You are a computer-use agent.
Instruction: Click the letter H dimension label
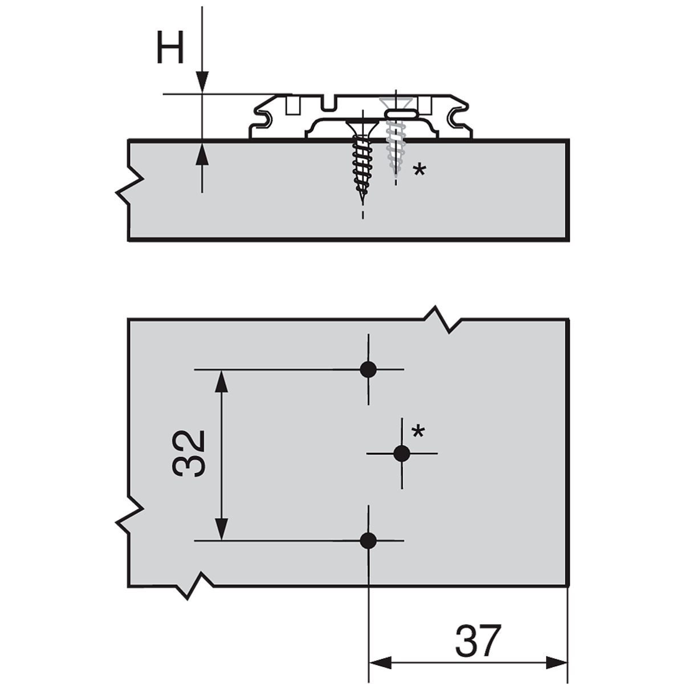click(x=170, y=47)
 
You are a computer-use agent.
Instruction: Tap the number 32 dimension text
click(x=189, y=453)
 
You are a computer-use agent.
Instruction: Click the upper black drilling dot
click(x=368, y=369)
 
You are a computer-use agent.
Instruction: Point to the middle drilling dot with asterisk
click(x=402, y=453)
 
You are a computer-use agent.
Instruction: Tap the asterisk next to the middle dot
click(x=418, y=433)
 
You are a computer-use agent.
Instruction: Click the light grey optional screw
click(x=396, y=138)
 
